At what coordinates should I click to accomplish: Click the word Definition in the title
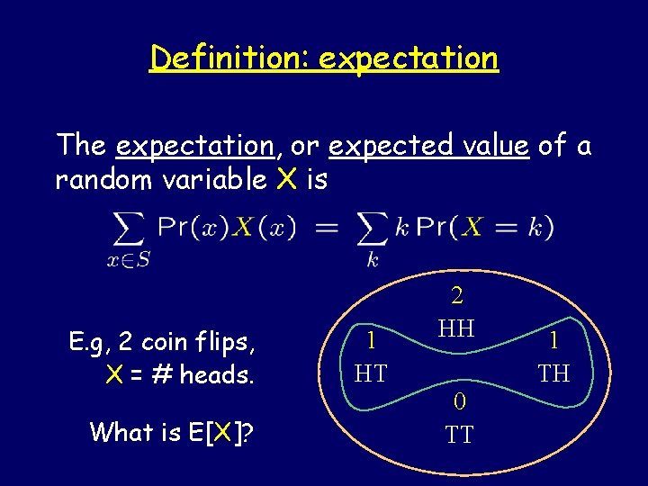229,58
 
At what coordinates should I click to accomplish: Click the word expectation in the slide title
408,58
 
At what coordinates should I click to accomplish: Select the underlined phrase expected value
428,145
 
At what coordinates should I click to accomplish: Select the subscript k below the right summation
373,260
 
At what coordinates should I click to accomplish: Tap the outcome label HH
457,328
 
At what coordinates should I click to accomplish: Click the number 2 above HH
457,295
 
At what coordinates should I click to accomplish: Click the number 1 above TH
553,340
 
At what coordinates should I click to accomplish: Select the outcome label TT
459,436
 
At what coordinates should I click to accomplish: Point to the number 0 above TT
459,402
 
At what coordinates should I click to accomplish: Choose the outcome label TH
553,373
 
